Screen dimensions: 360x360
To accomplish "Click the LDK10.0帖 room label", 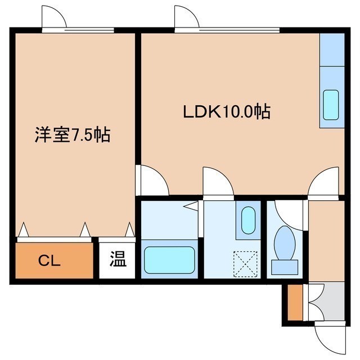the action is pos(227,111).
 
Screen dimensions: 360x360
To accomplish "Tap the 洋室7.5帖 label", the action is pos(73,134).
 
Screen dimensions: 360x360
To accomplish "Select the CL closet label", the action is pos(49,261).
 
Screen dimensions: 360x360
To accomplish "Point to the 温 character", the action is pos(118,259).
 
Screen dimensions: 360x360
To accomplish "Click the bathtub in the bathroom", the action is pos(169,260).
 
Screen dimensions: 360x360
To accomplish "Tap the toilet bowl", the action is pos(285,243).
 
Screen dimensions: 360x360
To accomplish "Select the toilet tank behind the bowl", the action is pos(285,267).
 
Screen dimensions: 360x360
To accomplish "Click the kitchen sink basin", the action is pos(331,105).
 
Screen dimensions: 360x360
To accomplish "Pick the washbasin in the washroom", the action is pos(248,220).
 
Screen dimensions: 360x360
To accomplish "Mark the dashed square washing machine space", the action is pos(245,264).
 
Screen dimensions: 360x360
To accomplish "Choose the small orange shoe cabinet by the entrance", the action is pos(295,302).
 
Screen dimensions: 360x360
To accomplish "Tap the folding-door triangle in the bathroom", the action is pos(191,205).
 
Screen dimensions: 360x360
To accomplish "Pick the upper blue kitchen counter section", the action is pos(332,49).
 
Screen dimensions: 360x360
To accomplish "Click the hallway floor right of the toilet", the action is pos(326,241).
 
